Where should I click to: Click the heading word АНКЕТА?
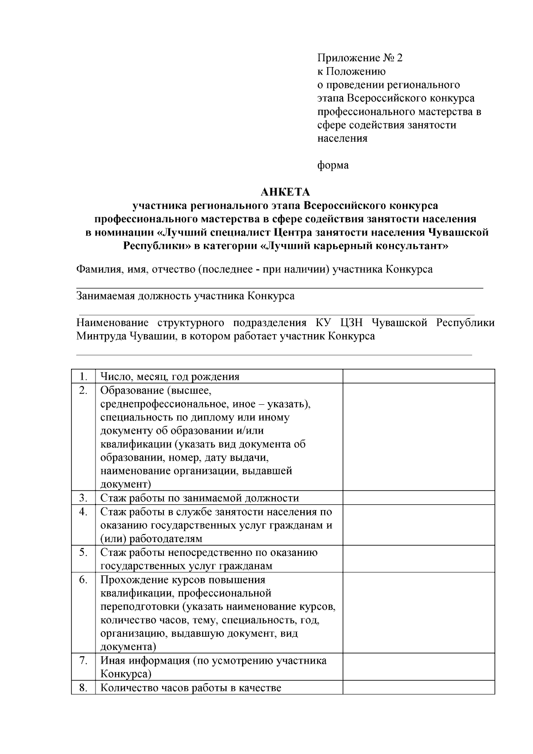285,192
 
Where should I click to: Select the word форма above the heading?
333,165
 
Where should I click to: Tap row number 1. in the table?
83,377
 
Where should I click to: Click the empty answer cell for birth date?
418,376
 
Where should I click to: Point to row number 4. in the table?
83,512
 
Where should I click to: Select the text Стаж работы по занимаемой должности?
199,498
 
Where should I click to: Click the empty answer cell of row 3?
418,498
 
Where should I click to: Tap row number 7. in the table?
83,660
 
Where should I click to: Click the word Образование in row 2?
132,391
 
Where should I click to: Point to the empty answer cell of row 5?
418,559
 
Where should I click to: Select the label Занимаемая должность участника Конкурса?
185,296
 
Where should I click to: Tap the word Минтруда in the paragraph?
101,336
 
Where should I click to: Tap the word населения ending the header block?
342,138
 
